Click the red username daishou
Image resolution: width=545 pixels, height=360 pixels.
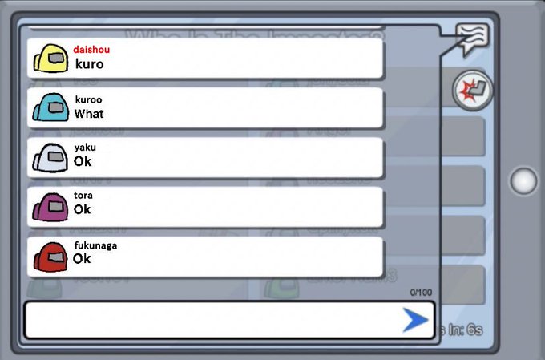point(91,49)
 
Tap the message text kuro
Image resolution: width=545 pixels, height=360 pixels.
point(89,64)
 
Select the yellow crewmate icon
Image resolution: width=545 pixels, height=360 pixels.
point(50,59)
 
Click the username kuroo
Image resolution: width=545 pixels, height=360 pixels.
point(88,99)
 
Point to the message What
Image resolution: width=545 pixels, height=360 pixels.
point(89,114)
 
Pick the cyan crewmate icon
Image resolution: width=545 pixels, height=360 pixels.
point(50,107)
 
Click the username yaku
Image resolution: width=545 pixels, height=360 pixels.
point(85,147)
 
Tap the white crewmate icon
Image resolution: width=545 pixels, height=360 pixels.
point(50,156)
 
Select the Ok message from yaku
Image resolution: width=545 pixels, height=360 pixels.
point(83,162)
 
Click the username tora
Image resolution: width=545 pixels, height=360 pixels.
point(83,195)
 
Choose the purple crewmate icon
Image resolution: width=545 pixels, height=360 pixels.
point(50,206)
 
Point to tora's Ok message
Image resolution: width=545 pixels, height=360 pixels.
point(83,210)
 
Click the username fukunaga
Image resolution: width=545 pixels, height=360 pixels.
point(95,245)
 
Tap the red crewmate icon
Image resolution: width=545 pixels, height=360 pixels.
point(50,256)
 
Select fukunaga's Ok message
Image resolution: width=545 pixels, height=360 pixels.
point(82,259)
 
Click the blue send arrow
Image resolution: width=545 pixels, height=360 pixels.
point(415,321)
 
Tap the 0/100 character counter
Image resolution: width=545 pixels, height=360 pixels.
point(420,293)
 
